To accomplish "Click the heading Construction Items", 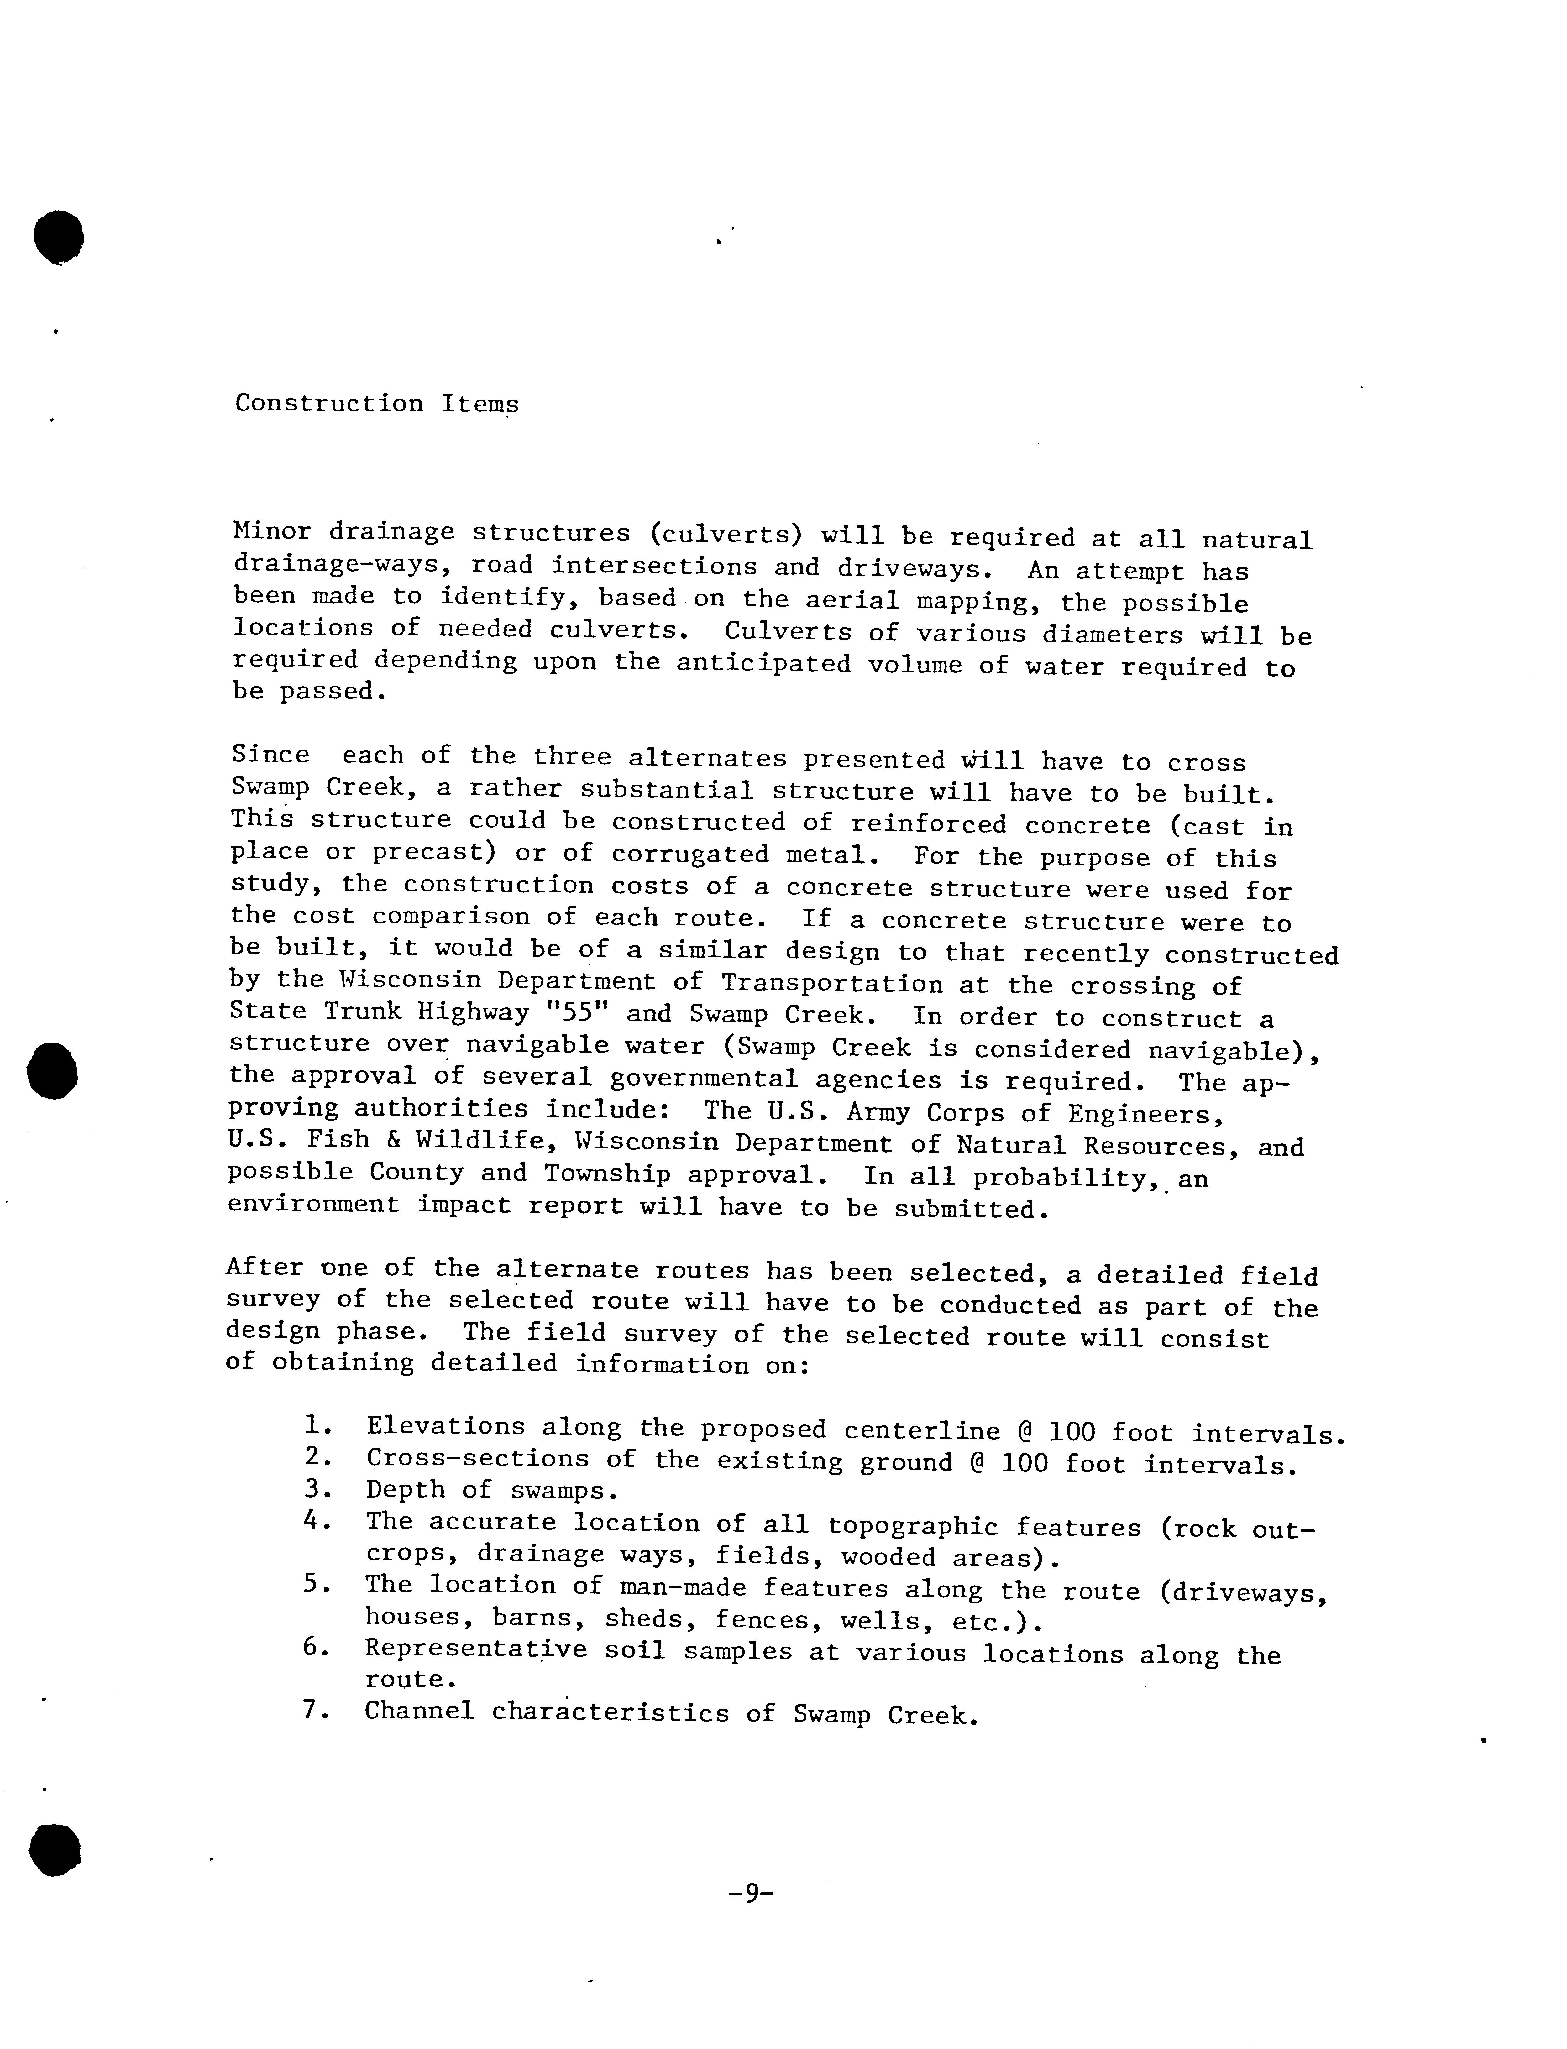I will tap(377, 404).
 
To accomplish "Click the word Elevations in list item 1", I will tap(446, 1427).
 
